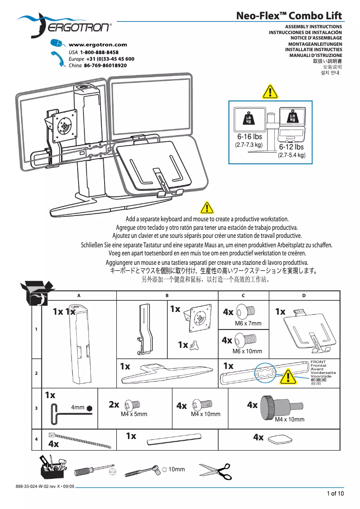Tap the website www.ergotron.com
[x=97, y=44]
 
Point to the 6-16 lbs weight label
[x=249, y=137]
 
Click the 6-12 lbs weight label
[x=291, y=147]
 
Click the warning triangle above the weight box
[x=269, y=92]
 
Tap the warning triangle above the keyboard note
[x=206, y=207]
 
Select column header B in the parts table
[x=167, y=295]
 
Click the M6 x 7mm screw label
[x=248, y=323]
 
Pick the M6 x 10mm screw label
[x=247, y=351]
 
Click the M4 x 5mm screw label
[x=134, y=414]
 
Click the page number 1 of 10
[x=335, y=494]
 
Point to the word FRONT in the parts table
[x=318, y=362]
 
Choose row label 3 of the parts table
[x=36, y=408]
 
